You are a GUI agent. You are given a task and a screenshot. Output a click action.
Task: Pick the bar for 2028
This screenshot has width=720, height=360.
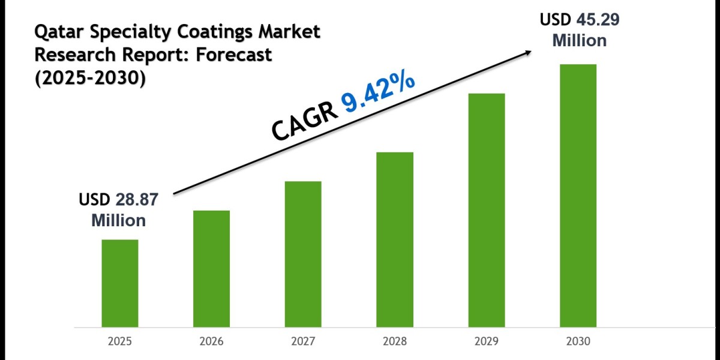tap(395, 239)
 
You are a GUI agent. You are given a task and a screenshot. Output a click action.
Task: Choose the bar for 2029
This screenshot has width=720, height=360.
tap(487, 210)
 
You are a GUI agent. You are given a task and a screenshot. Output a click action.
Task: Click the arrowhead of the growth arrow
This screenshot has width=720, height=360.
tap(528, 52)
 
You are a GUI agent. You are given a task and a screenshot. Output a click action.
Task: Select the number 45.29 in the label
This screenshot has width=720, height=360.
tap(596, 20)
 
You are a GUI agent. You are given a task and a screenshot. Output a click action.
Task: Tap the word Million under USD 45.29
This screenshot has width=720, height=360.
tap(579, 40)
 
